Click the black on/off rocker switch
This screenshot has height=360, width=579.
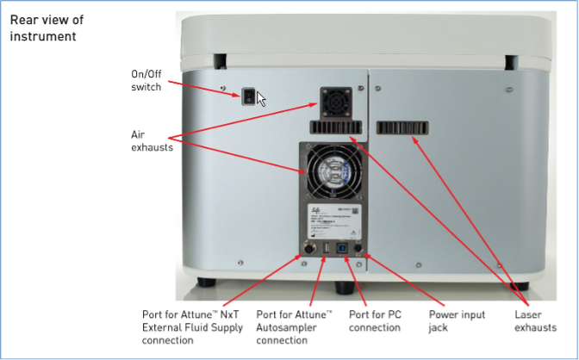coord(249,96)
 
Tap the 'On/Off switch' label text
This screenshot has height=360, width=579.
coord(146,80)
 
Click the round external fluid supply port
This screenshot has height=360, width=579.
coord(307,251)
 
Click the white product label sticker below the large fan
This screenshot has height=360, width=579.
coord(335,222)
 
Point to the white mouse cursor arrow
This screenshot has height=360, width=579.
coord(261,97)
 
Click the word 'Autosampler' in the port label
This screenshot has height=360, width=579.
coord(296,327)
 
